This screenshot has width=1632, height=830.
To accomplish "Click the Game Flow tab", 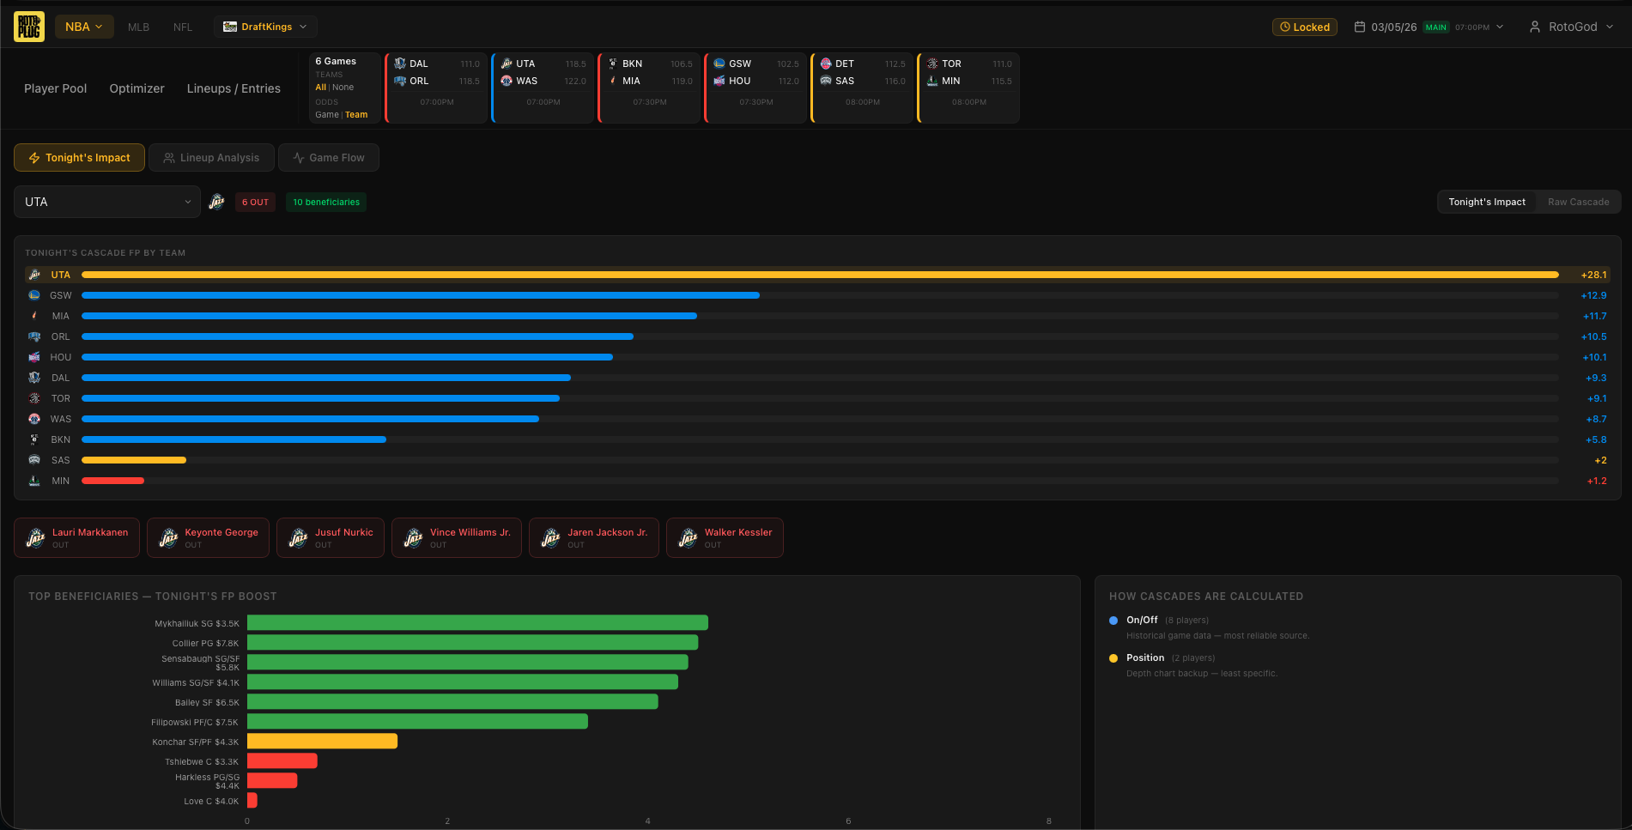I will (x=328, y=158).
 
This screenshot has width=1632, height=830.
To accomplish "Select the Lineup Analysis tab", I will (x=211, y=158).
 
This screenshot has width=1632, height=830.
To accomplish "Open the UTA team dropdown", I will (x=107, y=202).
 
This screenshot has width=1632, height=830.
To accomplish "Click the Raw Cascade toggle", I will (x=1578, y=202).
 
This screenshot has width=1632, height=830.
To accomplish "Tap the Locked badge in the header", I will (x=1304, y=27).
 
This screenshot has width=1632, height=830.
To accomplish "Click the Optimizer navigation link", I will (x=137, y=88).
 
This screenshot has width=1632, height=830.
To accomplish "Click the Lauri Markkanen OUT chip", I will (x=77, y=537).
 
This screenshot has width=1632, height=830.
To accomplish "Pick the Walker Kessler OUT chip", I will (x=725, y=537).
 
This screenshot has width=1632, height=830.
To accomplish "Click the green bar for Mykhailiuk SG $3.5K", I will (x=477, y=623).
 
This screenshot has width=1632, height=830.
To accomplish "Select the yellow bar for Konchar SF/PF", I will (x=322, y=742).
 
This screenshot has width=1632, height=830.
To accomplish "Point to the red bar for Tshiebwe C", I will (x=282, y=761).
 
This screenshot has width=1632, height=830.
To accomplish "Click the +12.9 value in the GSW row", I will (x=1593, y=295).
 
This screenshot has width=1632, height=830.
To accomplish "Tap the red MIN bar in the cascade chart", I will (x=112, y=481).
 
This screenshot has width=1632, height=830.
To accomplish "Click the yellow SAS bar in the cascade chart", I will (x=133, y=460).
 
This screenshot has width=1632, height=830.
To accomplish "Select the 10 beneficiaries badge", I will (x=326, y=203).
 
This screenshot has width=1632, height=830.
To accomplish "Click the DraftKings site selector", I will (x=265, y=27).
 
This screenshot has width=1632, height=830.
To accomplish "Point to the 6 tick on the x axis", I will (x=848, y=821).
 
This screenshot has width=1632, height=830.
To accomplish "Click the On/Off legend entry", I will (x=1142, y=620).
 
